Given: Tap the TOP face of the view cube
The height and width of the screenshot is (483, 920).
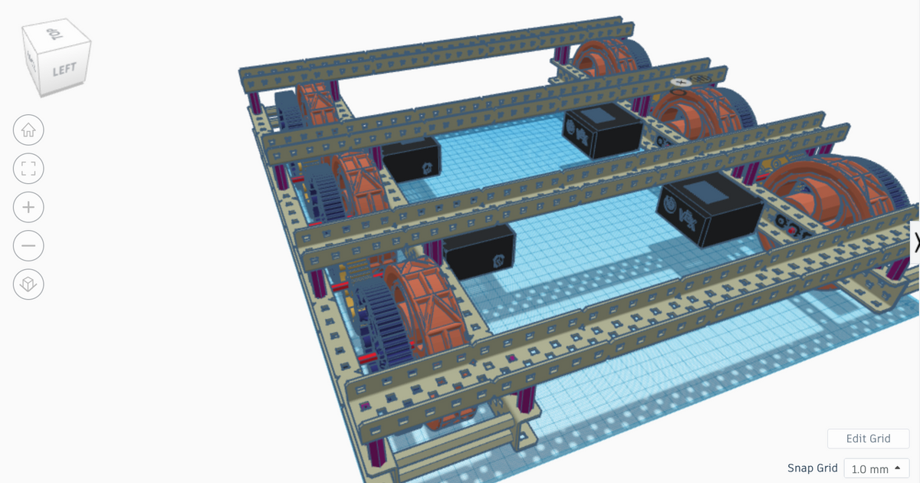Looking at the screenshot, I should coord(54,34).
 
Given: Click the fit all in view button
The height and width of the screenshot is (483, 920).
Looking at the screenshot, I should coord(28,169).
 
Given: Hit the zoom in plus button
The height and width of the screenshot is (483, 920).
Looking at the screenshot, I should coord(28,207).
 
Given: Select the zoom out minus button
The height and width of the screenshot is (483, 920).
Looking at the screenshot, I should coord(28,246).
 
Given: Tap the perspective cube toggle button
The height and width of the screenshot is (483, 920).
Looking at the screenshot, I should coord(28,285).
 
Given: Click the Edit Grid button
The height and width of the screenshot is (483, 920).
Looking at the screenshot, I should coord(868,439).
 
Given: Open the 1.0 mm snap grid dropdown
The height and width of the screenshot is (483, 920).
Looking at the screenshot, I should coord(876,468).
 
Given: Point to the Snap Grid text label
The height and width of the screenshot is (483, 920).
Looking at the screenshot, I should coord(812,468).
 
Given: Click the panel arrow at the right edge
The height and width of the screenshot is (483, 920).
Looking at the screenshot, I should coord(915,242).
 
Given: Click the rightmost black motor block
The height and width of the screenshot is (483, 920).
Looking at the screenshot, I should coord(710,213).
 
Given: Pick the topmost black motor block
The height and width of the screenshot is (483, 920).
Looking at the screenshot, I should coord(602,130).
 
